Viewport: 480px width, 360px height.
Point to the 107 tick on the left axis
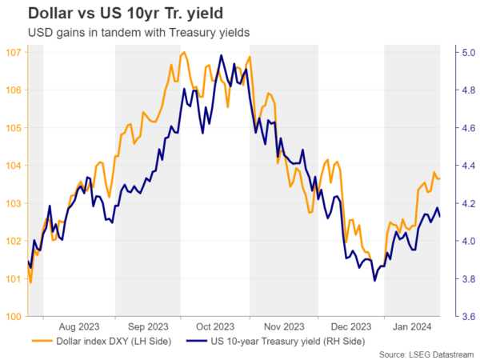point(14,52)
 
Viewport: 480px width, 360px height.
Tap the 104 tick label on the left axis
point(14,166)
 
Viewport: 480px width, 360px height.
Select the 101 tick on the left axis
point(14,279)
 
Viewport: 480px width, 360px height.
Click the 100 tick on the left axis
point(14,317)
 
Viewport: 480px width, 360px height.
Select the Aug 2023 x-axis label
point(78,326)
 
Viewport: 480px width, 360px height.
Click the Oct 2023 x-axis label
point(214,326)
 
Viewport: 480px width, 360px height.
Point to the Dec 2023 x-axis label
point(350,326)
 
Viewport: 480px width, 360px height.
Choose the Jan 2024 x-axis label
point(412,326)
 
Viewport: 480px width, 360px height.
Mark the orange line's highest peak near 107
point(184,53)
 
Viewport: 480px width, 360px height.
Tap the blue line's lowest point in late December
point(374,281)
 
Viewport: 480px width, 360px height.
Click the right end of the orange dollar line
point(439,178)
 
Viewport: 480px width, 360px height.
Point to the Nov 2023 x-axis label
point(282,326)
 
